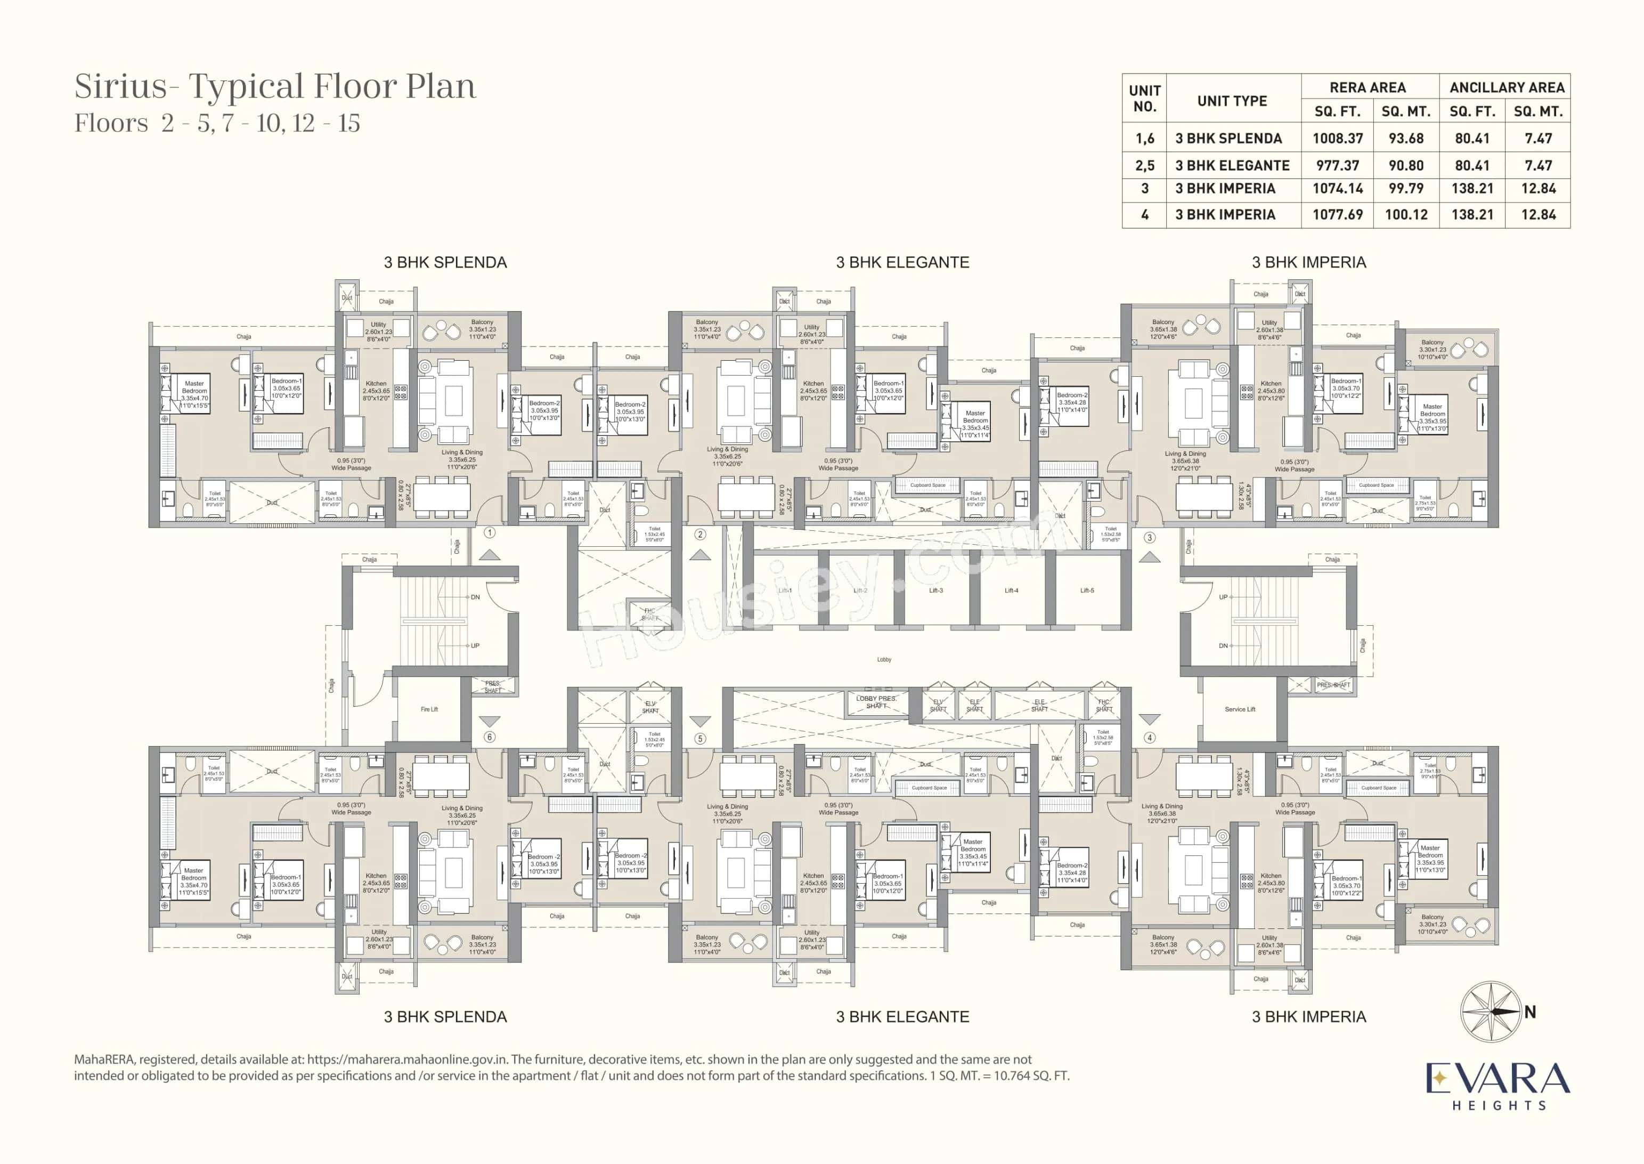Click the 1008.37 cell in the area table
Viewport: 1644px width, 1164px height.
[1337, 139]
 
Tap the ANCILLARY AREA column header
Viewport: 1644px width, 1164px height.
[1507, 87]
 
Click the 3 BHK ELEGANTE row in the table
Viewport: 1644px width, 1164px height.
[1232, 166]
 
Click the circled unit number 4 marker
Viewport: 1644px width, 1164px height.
[1150, 738]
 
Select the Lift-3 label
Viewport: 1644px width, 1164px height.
[935, 591]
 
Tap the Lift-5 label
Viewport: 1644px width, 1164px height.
[1087, 591]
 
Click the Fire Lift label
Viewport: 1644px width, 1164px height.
[429, 709]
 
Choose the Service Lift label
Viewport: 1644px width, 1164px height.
[1240, 709]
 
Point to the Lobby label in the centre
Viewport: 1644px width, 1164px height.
[884, 659]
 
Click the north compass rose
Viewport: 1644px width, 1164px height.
[1491, 1012]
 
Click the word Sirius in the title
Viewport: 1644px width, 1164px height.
[120, 87]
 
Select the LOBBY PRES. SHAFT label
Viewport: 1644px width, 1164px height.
[876, 702]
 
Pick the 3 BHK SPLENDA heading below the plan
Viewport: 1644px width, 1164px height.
[445, 1016]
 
